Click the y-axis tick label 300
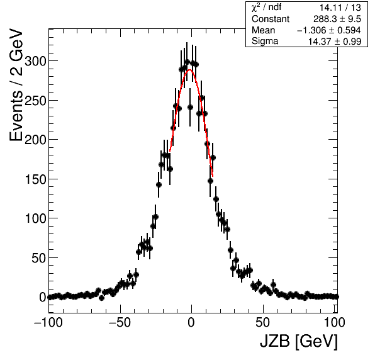35,62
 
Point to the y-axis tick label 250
35,101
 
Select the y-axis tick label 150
35,179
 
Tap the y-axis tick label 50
38,258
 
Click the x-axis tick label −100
48,323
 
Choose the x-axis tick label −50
120,323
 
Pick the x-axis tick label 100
335,323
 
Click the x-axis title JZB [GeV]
299,341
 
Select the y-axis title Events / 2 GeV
16,85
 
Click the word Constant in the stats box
271,19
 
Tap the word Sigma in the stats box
265,41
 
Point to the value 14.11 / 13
340,8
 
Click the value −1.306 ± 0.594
329,30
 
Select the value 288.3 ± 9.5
337,19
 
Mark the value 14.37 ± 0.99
335,42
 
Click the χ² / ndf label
266,8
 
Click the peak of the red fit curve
190,70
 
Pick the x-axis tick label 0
191,323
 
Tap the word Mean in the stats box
263,30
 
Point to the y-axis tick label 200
35,140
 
